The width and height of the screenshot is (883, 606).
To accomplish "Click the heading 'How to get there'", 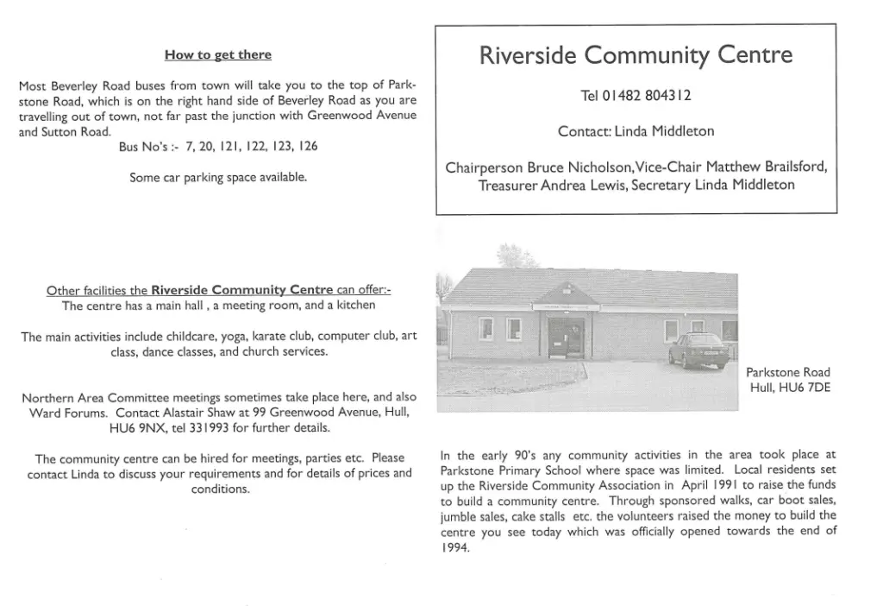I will click(217, 55).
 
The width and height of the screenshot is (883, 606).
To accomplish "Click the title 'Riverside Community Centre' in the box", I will click(636, 56).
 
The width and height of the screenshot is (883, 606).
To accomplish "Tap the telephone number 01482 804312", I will click(636, 96).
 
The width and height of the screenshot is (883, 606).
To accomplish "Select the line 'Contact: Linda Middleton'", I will click(636, 132).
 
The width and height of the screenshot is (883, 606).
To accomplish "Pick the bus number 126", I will click(306, 147).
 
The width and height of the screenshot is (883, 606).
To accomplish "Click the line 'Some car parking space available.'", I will click(218, 178).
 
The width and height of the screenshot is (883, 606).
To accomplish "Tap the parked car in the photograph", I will click(698, 350).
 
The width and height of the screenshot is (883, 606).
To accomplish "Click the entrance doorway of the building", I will click(566, 336).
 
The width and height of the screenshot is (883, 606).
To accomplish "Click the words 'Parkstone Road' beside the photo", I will click(787, 373).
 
